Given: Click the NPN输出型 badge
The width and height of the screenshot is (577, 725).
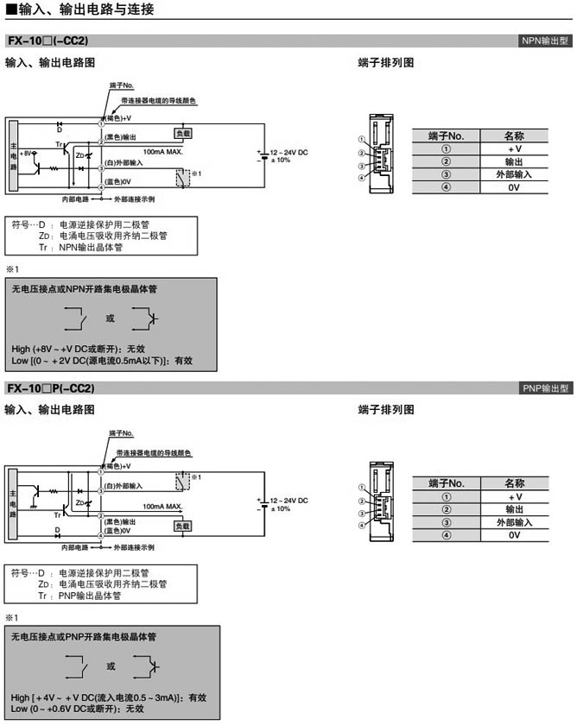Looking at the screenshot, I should coord(545,41).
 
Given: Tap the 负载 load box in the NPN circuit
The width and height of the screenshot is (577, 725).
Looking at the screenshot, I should coord(182,134).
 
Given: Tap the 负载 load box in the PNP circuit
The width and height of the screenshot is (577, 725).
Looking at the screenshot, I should coord(182,526).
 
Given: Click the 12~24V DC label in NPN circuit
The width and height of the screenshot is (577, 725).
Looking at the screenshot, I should coord(288,152).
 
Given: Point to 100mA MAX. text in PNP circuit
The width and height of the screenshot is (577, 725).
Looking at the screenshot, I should coord(162,507).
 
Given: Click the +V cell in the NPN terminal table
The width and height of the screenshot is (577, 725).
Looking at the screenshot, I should coord(514,148).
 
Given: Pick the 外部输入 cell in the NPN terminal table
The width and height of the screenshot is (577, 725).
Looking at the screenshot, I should coord(514,173).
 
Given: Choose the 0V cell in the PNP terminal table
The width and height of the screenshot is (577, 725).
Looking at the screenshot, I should coord(514,535).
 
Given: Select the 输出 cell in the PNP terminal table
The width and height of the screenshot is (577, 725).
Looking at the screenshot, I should coord(514,509).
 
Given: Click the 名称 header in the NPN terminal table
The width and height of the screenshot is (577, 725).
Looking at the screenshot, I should coord(514,136).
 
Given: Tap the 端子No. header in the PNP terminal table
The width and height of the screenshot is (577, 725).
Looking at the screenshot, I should coord(447,483).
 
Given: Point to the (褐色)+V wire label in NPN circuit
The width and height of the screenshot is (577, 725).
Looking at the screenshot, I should coord(118,117).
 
